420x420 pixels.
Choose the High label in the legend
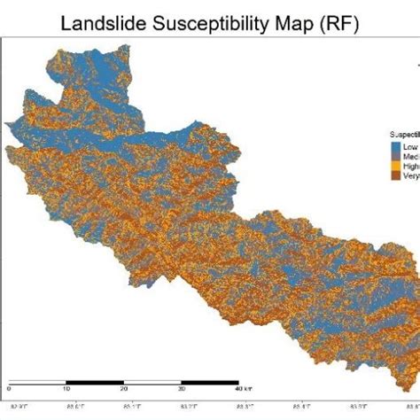pyautogui.click(x=410, y=166)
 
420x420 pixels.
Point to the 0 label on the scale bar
pyautogui.click(x=9, y=388)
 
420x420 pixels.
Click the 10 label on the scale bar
pyautogui.click(x=66, y=388)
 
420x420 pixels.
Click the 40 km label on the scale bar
pyautogui.click(x=241, y=388)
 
